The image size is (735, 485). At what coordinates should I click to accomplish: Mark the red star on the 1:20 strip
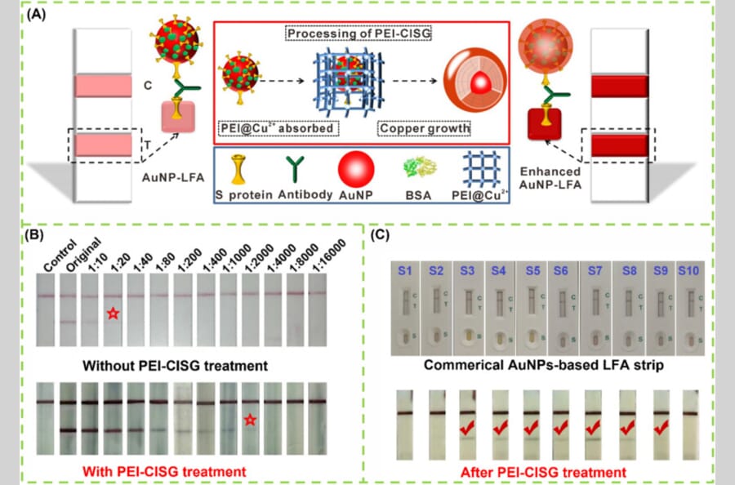point(113,313)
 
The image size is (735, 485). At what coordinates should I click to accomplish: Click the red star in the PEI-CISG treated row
point(250,420)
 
